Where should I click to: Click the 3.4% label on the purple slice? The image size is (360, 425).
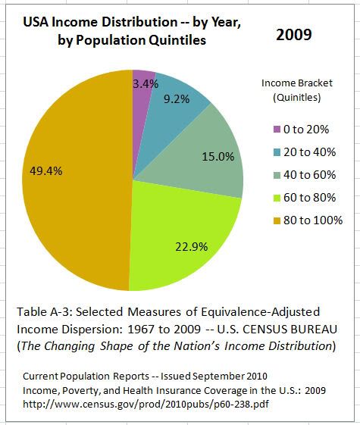(x=146, y=84)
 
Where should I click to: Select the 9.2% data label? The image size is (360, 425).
(x=177, y=99)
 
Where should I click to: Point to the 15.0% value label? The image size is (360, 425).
(x=218, y=156)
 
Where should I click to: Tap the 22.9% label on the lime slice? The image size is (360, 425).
(x=192, y=247)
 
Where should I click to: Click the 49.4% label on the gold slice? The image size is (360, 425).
(x=46, y=171)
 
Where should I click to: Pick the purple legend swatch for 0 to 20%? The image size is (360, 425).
(x=277, y=130)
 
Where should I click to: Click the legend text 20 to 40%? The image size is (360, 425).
(x=309, y=152)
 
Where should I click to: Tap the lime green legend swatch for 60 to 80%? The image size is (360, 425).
(x=277, y=198)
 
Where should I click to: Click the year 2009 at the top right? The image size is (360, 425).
(x=294, y=35)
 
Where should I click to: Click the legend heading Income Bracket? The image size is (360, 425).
(x=297, y=83)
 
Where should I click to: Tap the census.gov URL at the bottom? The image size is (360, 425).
(x=146, y=404)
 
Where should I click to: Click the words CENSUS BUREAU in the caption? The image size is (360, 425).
(x=290, y=329)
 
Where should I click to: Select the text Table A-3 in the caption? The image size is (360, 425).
(x=44, y=311)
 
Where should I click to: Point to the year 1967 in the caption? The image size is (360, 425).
(x=141, y=329)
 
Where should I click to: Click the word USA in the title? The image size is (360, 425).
(x=36, y=22)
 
